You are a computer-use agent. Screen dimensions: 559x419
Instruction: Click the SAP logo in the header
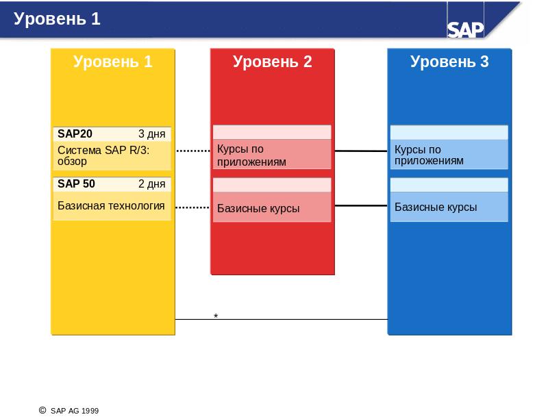pos(465,29)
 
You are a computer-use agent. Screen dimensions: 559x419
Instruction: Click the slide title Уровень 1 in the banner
pos(57,18)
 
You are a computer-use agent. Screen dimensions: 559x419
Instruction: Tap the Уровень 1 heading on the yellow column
pos(112,62)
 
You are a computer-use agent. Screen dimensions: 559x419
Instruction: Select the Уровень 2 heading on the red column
pos(273,62)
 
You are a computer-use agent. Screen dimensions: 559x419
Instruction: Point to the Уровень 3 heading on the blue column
pos(449,62)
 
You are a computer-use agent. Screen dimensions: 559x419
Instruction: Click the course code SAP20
pos(75,134)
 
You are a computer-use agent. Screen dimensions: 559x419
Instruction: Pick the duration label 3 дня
pos(152,134)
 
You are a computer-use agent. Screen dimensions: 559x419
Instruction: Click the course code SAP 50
pos(76,183)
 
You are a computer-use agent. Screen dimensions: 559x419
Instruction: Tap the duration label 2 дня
pos(152,184)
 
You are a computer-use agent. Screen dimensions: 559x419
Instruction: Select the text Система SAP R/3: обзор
pos(103,155)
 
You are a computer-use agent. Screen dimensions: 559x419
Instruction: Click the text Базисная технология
pos(111,205)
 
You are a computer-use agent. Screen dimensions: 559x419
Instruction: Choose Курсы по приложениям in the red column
pos(251,155)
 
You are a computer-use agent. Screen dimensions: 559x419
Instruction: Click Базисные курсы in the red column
pos(258,208)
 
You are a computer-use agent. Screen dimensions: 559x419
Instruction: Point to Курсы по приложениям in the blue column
pos(429,155)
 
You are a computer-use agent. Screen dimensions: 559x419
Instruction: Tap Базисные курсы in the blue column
pos(436,207)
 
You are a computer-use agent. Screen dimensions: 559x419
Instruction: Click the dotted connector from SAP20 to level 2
pos(193,151)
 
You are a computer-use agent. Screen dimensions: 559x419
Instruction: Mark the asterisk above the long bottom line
pos(216,316)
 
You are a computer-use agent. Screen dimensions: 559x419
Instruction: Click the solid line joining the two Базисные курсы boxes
pos(361,205)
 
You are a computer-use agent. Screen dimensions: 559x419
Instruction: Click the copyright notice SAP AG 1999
pos(69,411)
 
